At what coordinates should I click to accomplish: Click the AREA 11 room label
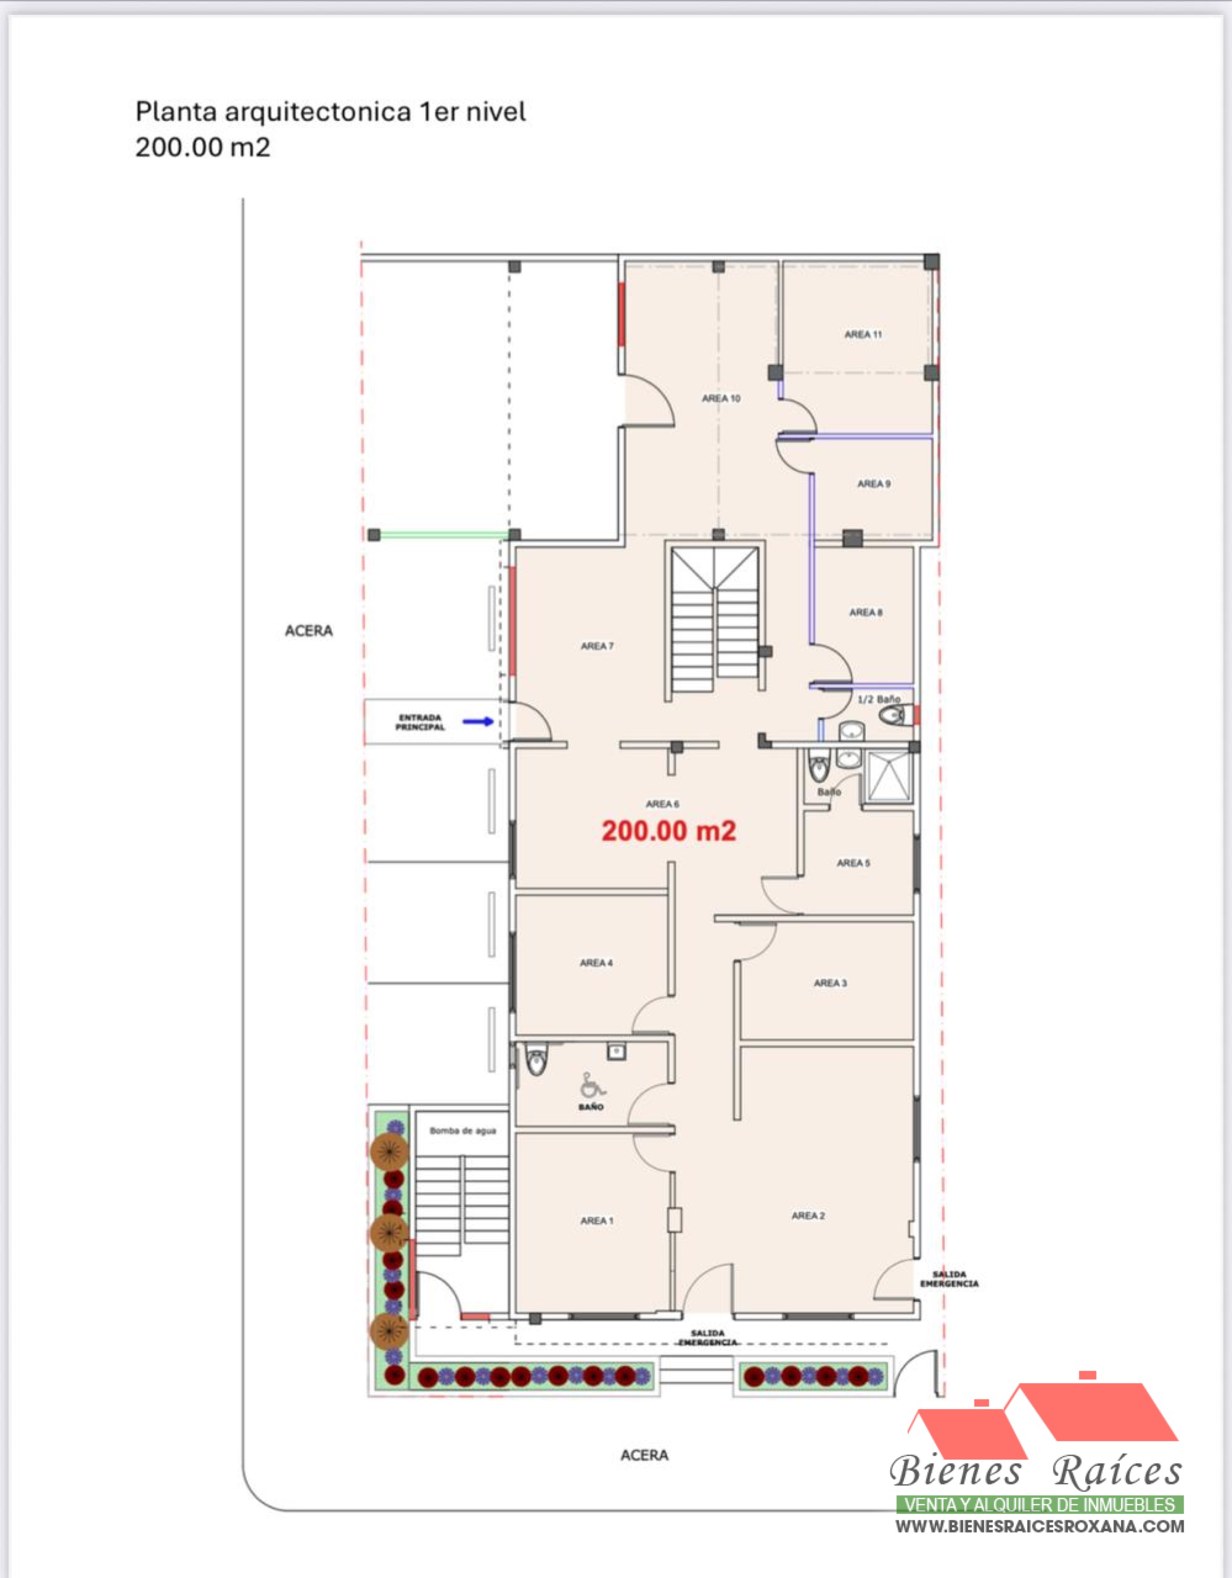pyautogui.click(x=863, y=335)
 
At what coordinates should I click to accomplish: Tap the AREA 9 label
pyautogui.click(x=874, y=483)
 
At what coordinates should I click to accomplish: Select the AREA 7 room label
pyautogui.click(x=597, y=646)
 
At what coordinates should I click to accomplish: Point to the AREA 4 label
pyautogui.click(x=596, y=962)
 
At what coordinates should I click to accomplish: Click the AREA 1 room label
pyautogui.click(x=597, y=1220)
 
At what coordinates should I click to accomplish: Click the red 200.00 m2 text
pyautogui.click(x=668, y=831)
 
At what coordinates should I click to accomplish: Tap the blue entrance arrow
pyautogui.click(x=478, y=721)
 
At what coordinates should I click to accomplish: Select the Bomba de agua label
pyautogui.click(x=462, y=1130)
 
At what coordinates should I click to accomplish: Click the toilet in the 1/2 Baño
pyautogui.click(x=892, y=715)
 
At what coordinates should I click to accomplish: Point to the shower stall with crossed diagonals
pyautogui.click(x=888, y=777)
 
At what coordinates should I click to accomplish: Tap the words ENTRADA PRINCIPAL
pyautogui.click(x=420, y=722)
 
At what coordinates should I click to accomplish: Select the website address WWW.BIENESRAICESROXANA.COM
pyautogui.click(x=1040, y=1527)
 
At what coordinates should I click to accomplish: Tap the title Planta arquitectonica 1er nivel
pyautogui.click(x=331, y=112)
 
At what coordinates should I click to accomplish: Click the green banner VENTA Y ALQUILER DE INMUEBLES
pyautogui.click(x=1040, y=1505)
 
